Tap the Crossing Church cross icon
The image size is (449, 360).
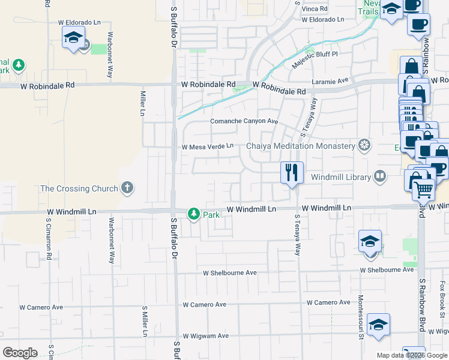[127, 188]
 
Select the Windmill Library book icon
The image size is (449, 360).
[379, 177]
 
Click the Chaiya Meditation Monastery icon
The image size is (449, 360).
[364, 146]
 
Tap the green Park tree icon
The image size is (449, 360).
[194, 213]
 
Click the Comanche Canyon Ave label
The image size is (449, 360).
[244, 121]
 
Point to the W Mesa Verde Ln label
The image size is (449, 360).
[207, 146]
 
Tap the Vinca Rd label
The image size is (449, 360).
[315, 9]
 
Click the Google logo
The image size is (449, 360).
[20, 353]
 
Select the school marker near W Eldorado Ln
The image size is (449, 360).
[74, 38]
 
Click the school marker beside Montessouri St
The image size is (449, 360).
[370, 242]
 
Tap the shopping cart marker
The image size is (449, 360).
[424, 190]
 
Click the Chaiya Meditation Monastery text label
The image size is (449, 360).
[301, 146]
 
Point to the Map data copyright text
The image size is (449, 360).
[412, 355]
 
